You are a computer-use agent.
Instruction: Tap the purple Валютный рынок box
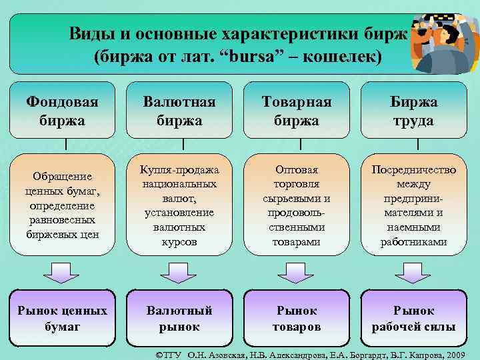click(x=180, y=319)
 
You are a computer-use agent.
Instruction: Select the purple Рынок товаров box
click(x=296, y=319)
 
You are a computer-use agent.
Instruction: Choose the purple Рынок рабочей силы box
click(x=413, y=319)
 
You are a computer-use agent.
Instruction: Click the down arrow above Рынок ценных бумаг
click(x=61, y=272)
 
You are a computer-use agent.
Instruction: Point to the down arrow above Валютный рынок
click(x=179, y=272)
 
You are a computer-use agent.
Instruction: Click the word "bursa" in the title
click(x=271, y=57)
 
